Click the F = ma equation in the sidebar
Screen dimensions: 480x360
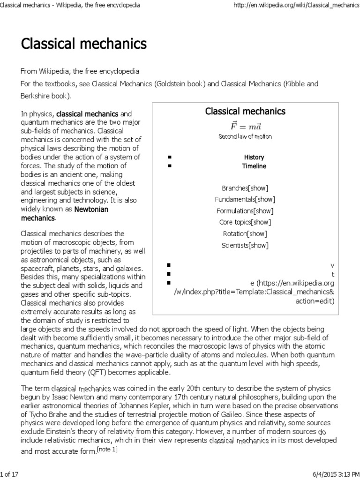click(x=245, y=126)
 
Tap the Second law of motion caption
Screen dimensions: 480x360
click(x=245, y=136)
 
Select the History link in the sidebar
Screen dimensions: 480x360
click(x=254, y=157)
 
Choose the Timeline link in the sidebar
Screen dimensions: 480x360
click(x=254, y=166)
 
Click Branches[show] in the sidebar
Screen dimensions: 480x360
click(x=245, y=188)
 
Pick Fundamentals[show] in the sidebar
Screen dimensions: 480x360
click(x=245, y=199)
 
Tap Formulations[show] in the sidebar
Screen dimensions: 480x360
click(x=245, y=210)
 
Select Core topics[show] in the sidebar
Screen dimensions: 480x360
click(x=245, y=222)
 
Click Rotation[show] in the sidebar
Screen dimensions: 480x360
click(x=245, y=233)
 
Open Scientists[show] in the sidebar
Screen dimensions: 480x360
click(x=245, y=244)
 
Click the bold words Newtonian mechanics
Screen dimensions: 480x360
click(x=64, y=213)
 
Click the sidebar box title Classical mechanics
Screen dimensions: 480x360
click(x=245, y=111)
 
